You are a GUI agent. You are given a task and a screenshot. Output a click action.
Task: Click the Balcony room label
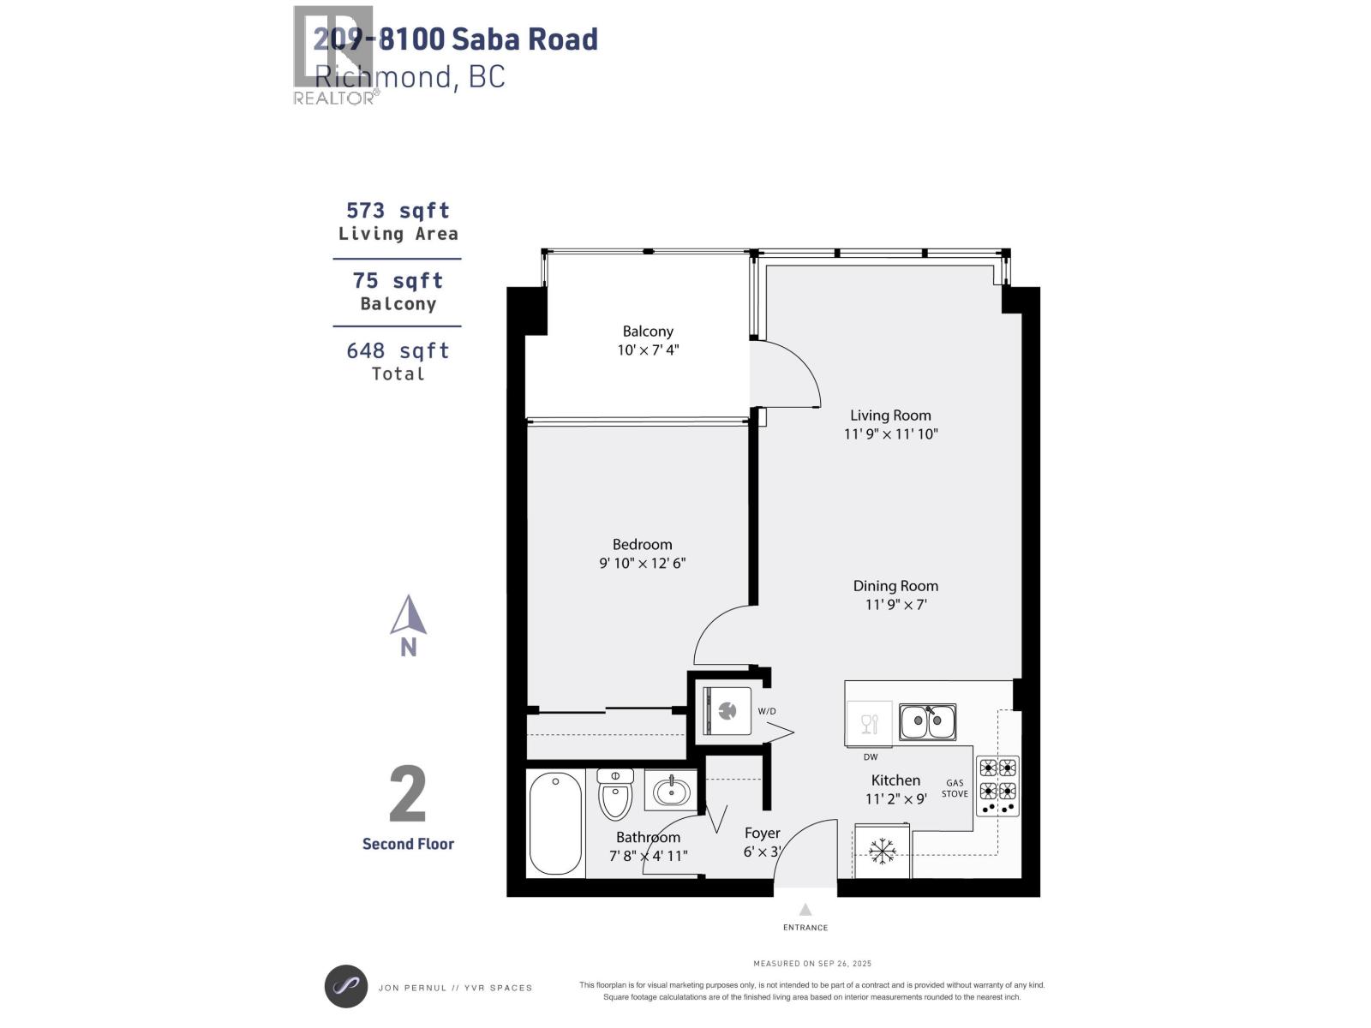(648, 332)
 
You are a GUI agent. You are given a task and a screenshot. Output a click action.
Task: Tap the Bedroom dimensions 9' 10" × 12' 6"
(643, 564)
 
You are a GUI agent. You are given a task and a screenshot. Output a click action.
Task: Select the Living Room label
(890, 415)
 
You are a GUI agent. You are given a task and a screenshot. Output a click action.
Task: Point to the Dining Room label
(895, 586)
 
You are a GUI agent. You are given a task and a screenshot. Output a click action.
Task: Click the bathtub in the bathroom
(555, 822)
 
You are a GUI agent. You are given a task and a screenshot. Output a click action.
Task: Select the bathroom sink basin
(672, 791)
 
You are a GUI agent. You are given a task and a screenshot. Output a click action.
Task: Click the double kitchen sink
(927, 722)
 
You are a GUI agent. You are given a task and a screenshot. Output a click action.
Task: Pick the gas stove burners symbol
(997, 786)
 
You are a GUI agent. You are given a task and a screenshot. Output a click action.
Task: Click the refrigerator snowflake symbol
(881, 851)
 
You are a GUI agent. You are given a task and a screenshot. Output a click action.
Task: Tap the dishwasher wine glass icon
(869, 724)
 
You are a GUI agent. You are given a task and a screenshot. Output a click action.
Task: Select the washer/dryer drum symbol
(727, 710)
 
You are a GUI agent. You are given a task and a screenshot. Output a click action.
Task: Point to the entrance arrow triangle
(805, 910)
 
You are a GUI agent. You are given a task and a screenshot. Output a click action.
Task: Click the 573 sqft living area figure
(398, 211)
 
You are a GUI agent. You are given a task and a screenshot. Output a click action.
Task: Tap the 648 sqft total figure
(398, 351)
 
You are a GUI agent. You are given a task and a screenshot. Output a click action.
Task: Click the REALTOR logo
(334, 56)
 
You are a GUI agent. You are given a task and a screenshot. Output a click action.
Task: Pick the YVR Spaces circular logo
(346, 987)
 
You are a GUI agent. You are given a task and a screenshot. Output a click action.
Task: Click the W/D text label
(766, 712)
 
